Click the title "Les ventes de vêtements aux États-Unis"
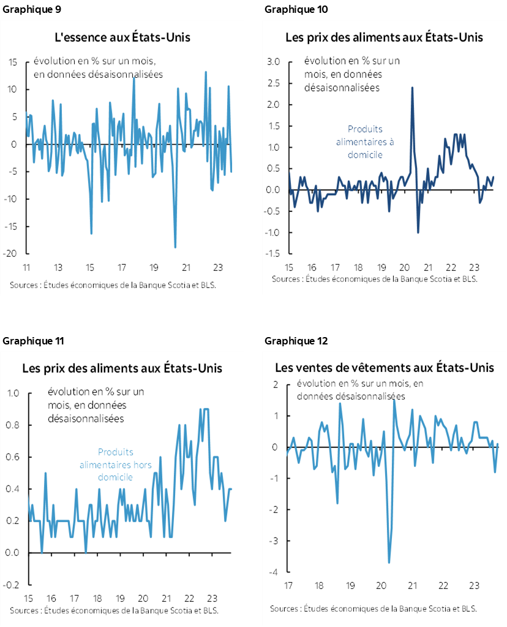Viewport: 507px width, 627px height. point(384,368)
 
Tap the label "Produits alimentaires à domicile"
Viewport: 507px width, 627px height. point(365,142)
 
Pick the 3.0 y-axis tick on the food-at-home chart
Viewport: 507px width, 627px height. point(273,62)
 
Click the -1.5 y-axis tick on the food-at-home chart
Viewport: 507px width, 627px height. point(272,254)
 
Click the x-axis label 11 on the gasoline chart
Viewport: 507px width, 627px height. point(26,268)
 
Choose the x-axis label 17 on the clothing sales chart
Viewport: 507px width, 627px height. point(287,585)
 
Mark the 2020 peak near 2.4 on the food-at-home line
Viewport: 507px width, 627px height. point(411,87)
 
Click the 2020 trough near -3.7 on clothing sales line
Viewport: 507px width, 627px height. point(389,562)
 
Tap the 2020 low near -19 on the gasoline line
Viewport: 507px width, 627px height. point(175,247)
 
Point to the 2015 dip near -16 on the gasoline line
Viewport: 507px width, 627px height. point(91,234)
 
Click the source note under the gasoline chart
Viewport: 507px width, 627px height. point(113,285)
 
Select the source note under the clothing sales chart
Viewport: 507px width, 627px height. point(374,609)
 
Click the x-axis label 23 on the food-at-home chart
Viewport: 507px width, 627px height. point(473,268)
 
